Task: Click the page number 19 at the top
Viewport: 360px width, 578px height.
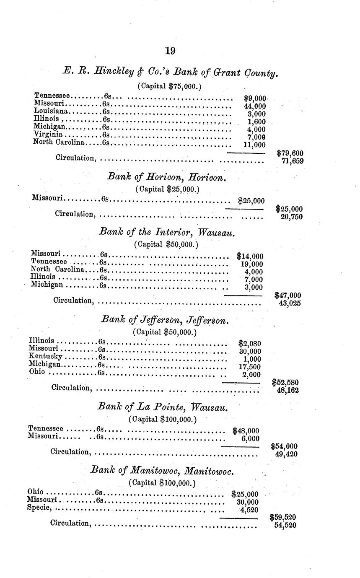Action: coord(170,51)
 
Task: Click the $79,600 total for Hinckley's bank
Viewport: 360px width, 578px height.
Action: coord(290,153)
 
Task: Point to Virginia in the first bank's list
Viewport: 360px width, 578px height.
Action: coord(48,134)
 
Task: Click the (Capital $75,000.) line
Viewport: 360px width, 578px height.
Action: coord(169,86)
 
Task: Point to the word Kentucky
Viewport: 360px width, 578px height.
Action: coord(45,356)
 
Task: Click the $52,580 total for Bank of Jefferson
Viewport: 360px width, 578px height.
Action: coord(285,382)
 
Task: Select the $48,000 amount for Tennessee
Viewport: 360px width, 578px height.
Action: coord(246,430)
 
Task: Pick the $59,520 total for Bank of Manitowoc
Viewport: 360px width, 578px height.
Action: coord(283,518)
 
